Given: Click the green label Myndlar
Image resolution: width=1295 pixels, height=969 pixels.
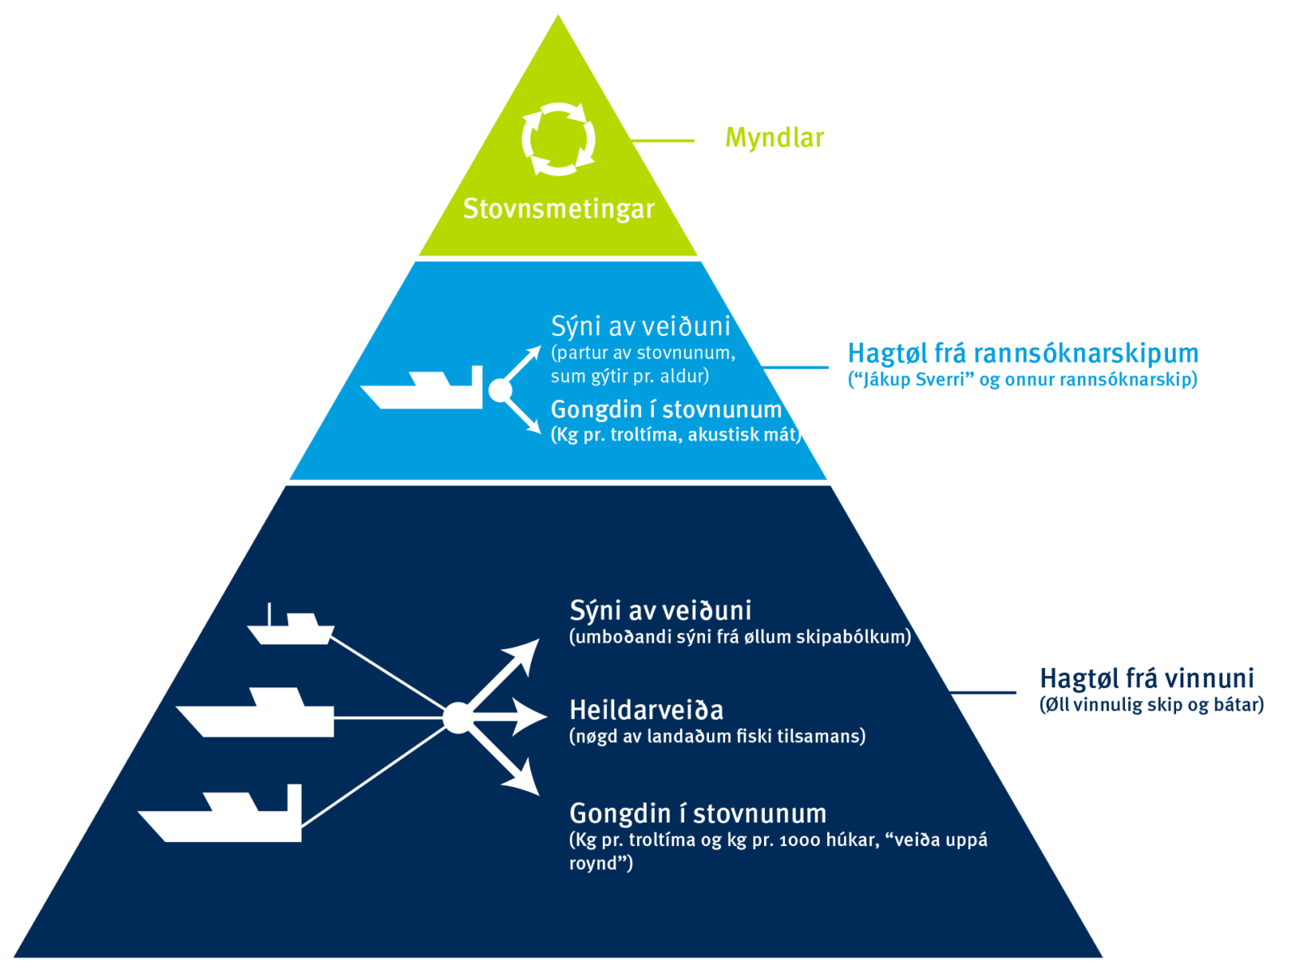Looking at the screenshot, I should (x=774, y=138).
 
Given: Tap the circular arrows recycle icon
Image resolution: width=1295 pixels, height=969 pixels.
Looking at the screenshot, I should (x=558, y=138).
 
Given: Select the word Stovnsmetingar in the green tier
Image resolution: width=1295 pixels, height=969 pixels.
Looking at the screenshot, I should (x=558, y=209).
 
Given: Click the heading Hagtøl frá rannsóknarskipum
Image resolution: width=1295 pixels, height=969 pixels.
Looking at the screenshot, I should (x=1022, y=354).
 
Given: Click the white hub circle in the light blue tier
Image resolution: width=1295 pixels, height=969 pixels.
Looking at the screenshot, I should (x=500, y=391).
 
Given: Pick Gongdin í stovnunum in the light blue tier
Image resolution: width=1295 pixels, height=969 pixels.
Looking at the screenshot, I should (x=665, y=410).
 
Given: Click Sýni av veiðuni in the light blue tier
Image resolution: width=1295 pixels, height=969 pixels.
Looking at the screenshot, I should (x=640, y=326).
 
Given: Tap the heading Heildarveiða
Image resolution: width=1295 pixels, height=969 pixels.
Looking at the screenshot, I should (x=646, y=710).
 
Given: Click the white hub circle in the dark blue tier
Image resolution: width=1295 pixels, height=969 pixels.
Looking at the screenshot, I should (x=456, y=717).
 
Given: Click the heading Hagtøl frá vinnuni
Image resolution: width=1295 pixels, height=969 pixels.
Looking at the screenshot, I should (x=1146, y=678).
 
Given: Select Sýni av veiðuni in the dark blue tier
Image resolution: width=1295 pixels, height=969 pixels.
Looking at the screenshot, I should (x=660, y=610).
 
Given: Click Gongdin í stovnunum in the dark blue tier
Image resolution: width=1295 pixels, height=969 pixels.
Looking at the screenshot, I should (x=698, y=814).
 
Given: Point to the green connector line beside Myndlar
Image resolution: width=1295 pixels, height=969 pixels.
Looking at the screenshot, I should (x=663, y=141).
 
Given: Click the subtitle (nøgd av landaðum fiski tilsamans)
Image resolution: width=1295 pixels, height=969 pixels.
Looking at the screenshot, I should (x=717, y=737).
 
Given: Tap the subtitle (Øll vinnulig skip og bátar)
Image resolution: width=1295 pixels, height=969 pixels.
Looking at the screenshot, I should (x=1151, y=705).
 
